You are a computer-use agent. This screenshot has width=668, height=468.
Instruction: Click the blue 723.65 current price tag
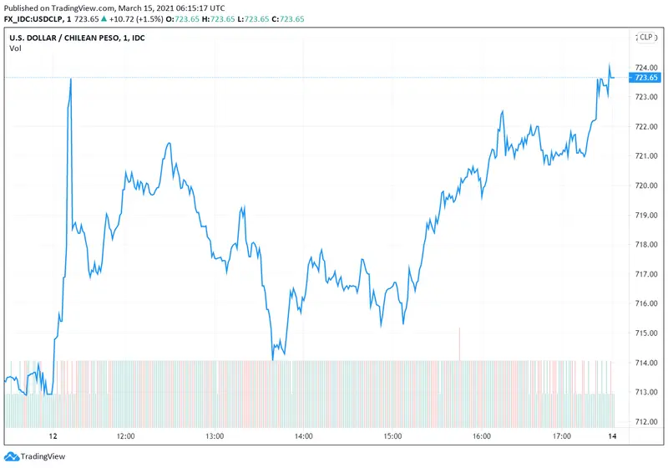[x=646, y=78]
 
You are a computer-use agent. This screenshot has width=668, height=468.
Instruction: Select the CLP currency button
[x=645, y=37]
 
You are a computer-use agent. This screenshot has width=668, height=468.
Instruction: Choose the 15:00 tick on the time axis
[x=392, y=436]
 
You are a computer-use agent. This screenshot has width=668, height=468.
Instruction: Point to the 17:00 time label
[x=562, y=436]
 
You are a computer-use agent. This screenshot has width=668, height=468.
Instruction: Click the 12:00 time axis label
[x=126, y=436]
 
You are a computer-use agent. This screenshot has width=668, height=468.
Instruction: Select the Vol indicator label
[x=15, y=48]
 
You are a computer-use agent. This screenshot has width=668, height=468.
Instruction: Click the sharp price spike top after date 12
[x=70, y=79]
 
